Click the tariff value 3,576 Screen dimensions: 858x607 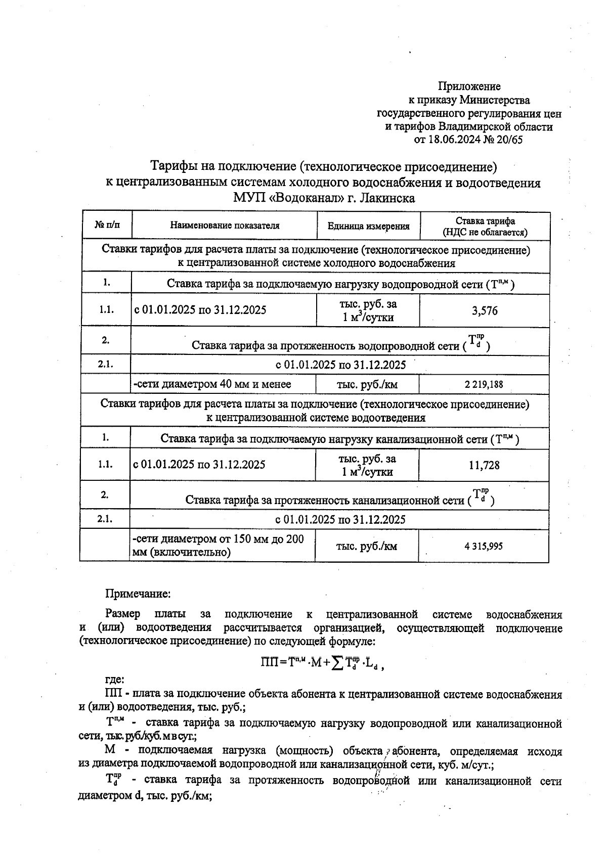tap(485, 311)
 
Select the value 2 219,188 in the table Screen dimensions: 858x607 tap(484, 384)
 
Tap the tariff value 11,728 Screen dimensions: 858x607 tap(484, 465)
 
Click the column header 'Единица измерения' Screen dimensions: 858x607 tap(368, 226)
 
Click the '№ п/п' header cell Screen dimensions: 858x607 tap(107, 225)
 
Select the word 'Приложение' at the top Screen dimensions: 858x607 tap(469, 86)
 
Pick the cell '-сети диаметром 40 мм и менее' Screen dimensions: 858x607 tap(212, 384)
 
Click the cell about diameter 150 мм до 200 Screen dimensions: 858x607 tap(218, 546)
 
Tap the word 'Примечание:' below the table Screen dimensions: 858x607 tap(138, 593)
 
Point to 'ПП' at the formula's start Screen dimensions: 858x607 tap(269, 663)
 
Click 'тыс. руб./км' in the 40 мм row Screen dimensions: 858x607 tap(367, 385)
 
